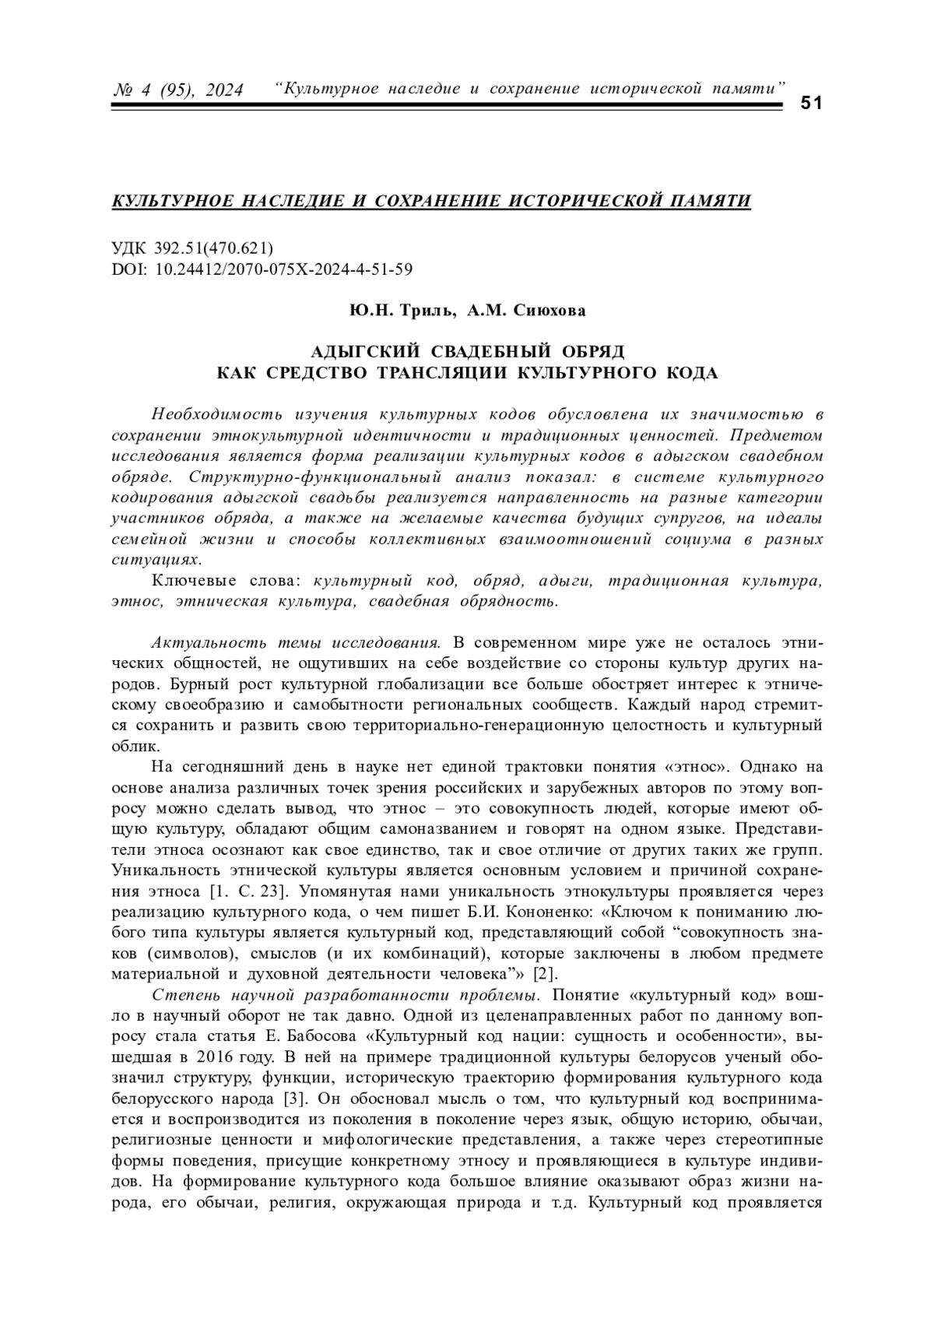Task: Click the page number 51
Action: (811, 104)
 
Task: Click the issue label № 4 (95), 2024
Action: (178, 90)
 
